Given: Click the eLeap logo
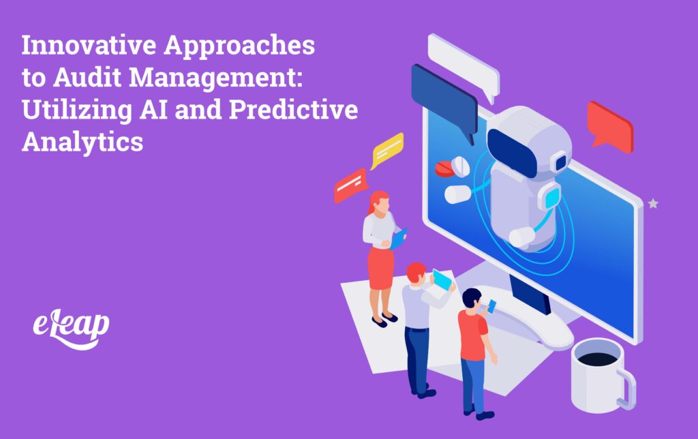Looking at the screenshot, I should pos(71,327).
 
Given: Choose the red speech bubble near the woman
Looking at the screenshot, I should pos(350,185).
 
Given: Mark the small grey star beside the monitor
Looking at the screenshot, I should pos(653,203).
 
